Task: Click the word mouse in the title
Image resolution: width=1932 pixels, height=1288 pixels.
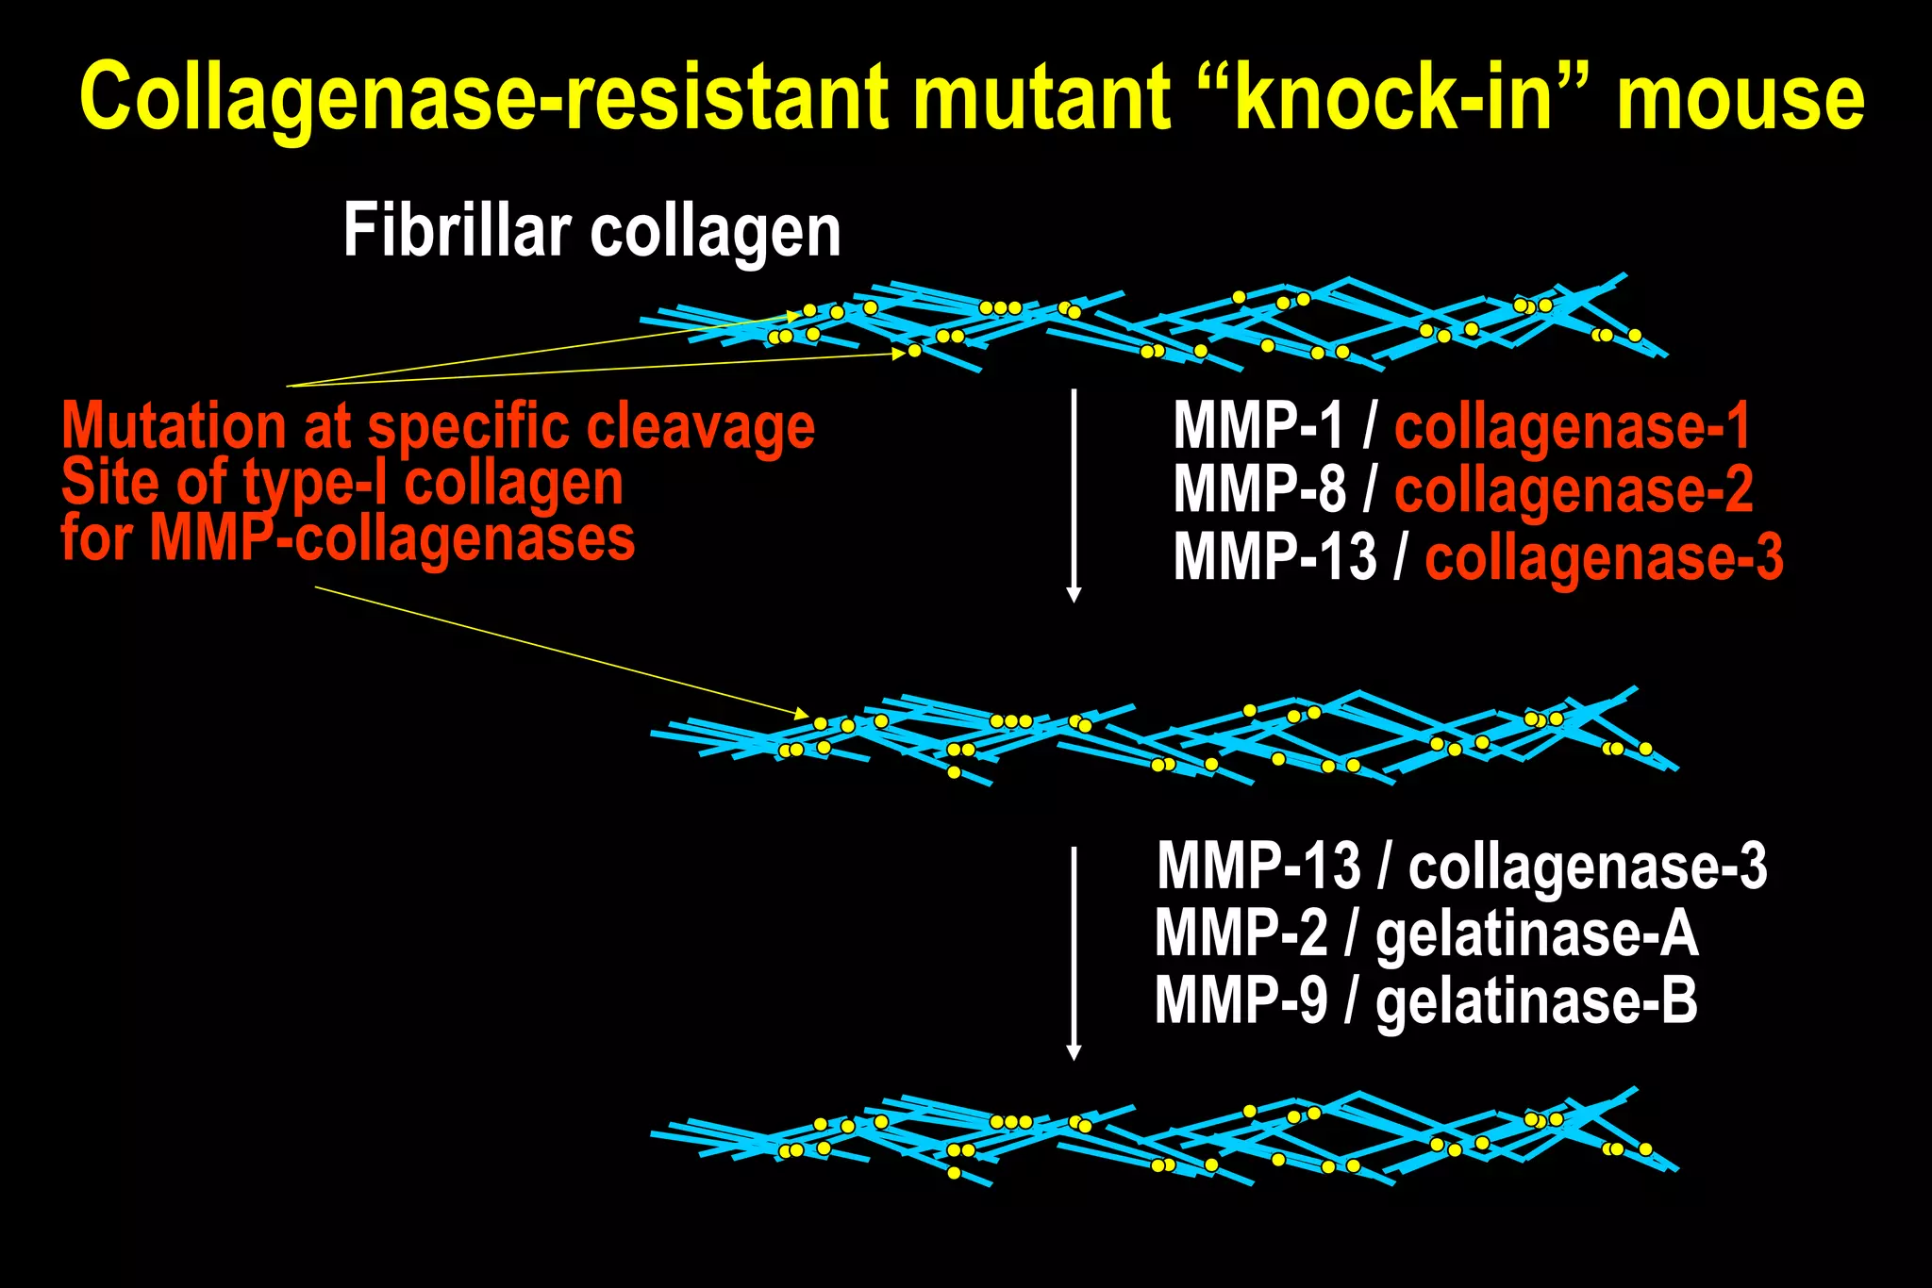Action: [1740, 97]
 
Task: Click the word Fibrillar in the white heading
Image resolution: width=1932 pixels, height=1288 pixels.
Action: [457, 230]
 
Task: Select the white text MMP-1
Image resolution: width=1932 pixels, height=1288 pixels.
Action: [1258, 426]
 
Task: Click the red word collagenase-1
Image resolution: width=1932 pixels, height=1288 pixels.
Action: [1572, 426]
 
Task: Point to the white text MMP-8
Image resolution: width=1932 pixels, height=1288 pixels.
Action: [1258, 489]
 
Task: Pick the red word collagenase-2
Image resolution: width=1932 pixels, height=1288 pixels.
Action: [1573, 489]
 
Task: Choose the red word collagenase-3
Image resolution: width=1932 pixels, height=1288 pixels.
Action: [1603, 556]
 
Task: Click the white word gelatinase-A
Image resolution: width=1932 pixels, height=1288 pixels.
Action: [1536, 934]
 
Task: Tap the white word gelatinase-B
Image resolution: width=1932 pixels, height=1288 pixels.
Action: [1536, 1000]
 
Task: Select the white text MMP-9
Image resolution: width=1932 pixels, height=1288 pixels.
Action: [1241, 1000]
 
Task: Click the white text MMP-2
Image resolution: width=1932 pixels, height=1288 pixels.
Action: [1241, 934]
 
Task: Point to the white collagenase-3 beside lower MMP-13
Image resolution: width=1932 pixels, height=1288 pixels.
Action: [1587, 867]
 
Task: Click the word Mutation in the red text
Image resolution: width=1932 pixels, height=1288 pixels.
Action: [174, 426]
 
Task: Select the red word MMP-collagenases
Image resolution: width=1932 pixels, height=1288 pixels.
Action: [391, 538]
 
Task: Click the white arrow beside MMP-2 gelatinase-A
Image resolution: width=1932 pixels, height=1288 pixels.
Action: [1073, 952]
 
